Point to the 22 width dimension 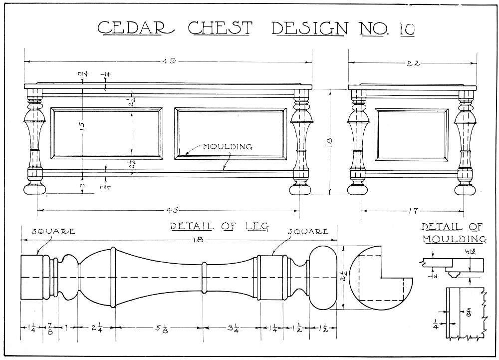pyautogui.click(x=413, y=63)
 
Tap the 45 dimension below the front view pyautogui.click(x=170, y=210)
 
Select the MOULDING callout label pyautogui.click(x=227, y=147)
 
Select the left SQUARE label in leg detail pyautogui.click(x=53, y=231)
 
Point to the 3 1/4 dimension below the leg pyautogui.click(x=233, y=329)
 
